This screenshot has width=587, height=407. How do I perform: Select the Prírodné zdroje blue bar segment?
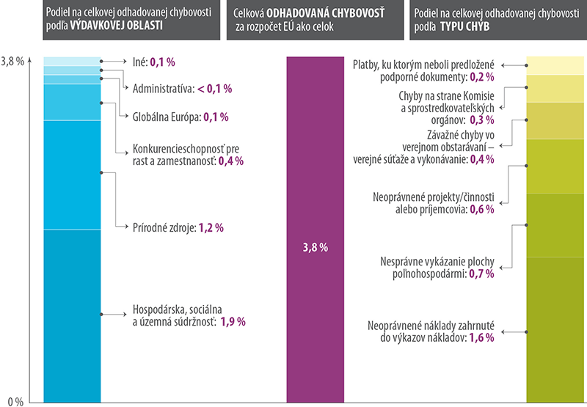(x=72, y=175)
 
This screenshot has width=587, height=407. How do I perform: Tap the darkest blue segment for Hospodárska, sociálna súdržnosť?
(x=72, y=315)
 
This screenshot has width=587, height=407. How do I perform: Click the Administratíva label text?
(x=162, y=89)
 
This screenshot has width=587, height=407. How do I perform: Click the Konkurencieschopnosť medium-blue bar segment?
(x=72, y=102)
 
